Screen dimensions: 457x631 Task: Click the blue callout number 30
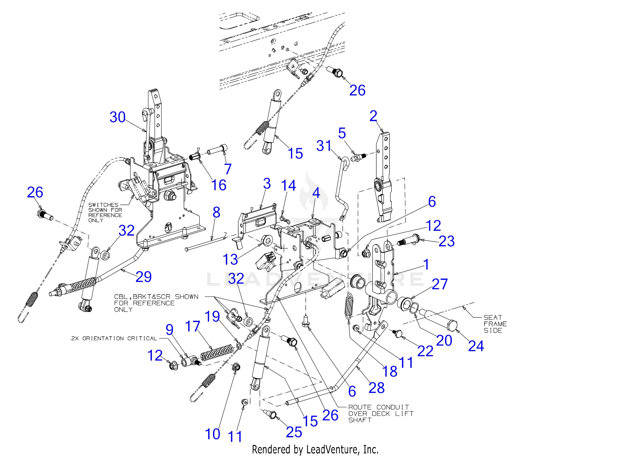tap(118, 118)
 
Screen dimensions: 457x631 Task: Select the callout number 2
tap(373, 116)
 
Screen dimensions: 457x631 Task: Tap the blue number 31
tap(324, 146)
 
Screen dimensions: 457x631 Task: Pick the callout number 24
tap(476, 346)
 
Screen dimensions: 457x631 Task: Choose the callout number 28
tap(377, 388)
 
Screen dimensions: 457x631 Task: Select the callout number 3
tap(267, 184)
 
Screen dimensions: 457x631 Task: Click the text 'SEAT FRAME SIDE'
tap(495, 324)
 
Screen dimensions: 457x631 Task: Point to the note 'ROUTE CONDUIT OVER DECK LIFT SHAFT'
tap(381, 414)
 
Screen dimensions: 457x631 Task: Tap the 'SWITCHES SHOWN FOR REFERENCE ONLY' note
tap(105, 212)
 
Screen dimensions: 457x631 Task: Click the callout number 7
tap(228, 169)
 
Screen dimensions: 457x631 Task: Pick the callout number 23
tap(447, 241)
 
